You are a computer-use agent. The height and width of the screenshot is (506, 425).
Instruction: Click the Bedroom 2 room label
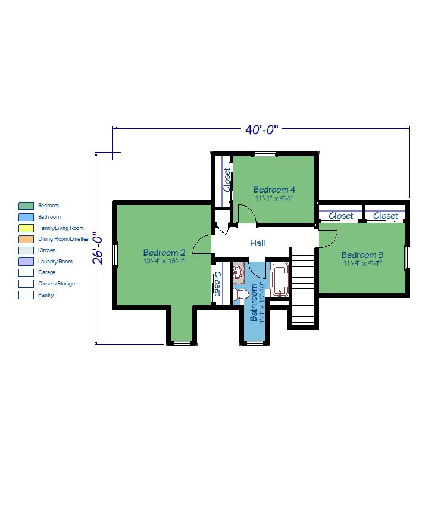[x=164, y=252]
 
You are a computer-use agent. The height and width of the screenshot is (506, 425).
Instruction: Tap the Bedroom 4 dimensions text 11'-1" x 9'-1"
[x=274, y=198]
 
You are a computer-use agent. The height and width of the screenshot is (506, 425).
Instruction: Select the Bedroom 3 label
[x=362, y=255]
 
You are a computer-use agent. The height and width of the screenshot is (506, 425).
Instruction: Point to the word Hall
[x=258, y=243]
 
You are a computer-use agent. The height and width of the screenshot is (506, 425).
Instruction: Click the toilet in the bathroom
[x=241, y=294]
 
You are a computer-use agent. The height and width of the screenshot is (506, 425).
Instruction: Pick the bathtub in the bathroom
[x=279, y=280]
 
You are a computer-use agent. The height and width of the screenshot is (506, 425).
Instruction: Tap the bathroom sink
[x=239, y=273]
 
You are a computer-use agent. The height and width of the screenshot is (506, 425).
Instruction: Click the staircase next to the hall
[x=302, y=285]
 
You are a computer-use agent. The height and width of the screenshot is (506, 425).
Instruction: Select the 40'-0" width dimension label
[x=262, y=129]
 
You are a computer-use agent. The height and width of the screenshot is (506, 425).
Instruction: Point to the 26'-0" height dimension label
[x=98, y=248]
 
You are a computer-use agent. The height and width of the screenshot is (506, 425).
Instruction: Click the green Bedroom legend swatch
[x=26, y=206]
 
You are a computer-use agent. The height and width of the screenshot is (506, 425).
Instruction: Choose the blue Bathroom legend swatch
[x=26, y=217]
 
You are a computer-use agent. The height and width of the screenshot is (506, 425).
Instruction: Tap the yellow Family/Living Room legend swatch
[x=26, y=228]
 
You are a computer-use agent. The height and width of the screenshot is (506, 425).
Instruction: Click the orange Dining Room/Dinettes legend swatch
[x=26, y=239]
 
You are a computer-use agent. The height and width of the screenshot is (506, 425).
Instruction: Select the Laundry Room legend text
[x=55, y=262]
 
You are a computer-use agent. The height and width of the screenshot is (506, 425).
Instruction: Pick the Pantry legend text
[x=46, y=295]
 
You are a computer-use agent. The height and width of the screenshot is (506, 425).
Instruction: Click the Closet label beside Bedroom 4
[x=227, y=180]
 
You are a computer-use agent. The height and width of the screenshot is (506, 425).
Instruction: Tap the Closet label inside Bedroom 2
[x=218, y=284]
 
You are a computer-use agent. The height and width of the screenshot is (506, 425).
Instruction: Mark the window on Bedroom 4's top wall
[x=265, y=154]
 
